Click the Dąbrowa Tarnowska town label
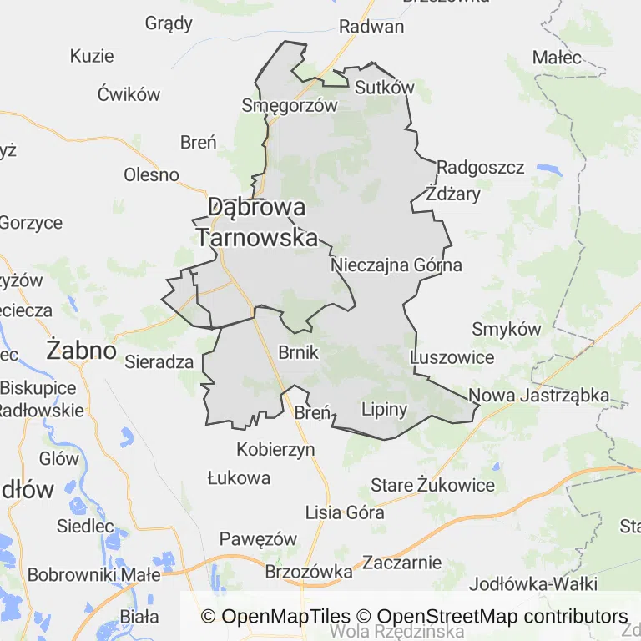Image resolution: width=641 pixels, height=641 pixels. coord(257,222)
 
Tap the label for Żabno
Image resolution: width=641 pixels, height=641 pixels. coord(81,350)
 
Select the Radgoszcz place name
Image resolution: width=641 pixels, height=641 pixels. coord(481,168)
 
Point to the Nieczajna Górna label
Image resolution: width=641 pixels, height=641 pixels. coord(396,265)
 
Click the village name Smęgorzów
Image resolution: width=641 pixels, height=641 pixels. coord(289,105)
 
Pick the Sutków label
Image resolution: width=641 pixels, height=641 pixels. coord(384,88)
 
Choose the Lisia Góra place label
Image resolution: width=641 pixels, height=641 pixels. coord(345,512)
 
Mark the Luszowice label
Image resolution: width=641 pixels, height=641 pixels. coord(453,357)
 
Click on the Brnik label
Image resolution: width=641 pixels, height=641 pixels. coord(299,352)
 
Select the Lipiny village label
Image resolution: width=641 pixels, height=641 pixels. coord(384,409)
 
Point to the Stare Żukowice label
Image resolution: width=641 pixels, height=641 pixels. coord(432,485)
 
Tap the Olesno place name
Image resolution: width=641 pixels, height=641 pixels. coord(151,174)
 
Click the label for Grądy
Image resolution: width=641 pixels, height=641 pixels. coord(169,23)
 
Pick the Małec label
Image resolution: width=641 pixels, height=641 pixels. coord(557,58)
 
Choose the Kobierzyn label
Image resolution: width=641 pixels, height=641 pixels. coord(276,450)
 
